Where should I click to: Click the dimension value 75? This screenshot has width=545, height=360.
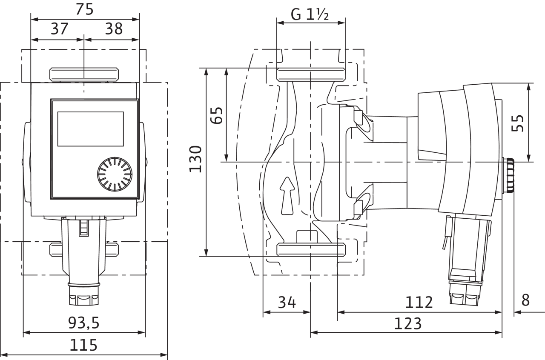84,9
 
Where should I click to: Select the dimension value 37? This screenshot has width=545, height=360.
59,29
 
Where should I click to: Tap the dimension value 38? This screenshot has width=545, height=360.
114,29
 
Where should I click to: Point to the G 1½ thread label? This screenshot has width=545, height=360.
310,14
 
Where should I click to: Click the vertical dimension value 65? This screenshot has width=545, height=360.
216,115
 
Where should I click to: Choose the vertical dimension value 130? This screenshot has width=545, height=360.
195,159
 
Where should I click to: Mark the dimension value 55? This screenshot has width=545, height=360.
517,123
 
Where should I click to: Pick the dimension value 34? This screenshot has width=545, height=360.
287,303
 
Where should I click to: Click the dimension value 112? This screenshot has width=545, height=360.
419,303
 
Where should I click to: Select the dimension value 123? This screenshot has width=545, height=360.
407,323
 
